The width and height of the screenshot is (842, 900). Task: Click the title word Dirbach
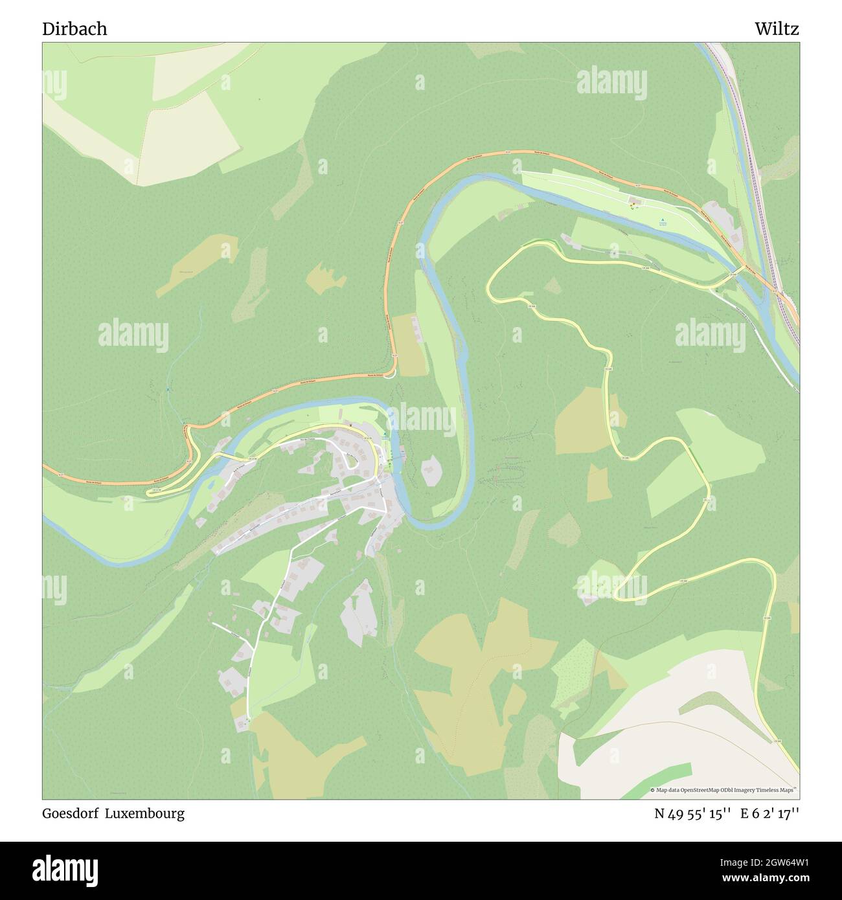[x=74, y=29]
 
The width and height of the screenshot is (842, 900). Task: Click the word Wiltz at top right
[x=776, y=29]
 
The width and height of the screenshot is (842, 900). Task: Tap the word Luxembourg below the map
[x=152, y=813]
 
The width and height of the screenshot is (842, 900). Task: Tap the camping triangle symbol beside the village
[x=385, y=434]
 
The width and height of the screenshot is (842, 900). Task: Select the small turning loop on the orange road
[x=389, y=376]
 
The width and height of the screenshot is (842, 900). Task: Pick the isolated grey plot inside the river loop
[x=430, y=471]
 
